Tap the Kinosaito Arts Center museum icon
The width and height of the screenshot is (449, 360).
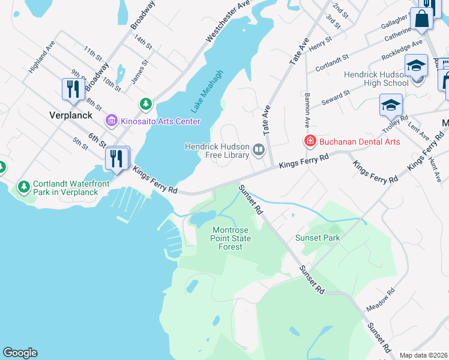click(x=111, y=121)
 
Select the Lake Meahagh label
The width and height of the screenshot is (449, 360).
click(x=207, y=92)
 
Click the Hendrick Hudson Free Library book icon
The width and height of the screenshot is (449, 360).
click(x=259, y=149)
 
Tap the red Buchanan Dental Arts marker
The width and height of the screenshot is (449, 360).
click(x=310, y=141)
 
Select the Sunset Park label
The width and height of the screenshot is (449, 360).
click(x=318, y=238)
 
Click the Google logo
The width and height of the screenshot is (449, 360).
click(x=20, y=353)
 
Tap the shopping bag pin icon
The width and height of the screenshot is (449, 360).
click(x=422, y=19)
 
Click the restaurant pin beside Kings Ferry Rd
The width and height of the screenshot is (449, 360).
click(x=117, y=158)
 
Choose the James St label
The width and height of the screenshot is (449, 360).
click(x=140, y=71)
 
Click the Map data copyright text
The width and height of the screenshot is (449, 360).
click(x=423, y=355)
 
